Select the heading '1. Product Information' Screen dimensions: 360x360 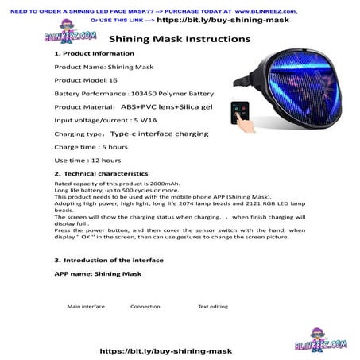89,53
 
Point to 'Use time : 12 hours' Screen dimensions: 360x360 83,161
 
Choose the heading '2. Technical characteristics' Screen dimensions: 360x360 101,173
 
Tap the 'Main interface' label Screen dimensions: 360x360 86,306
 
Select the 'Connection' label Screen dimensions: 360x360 145,306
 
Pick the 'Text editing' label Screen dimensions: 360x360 212,306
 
